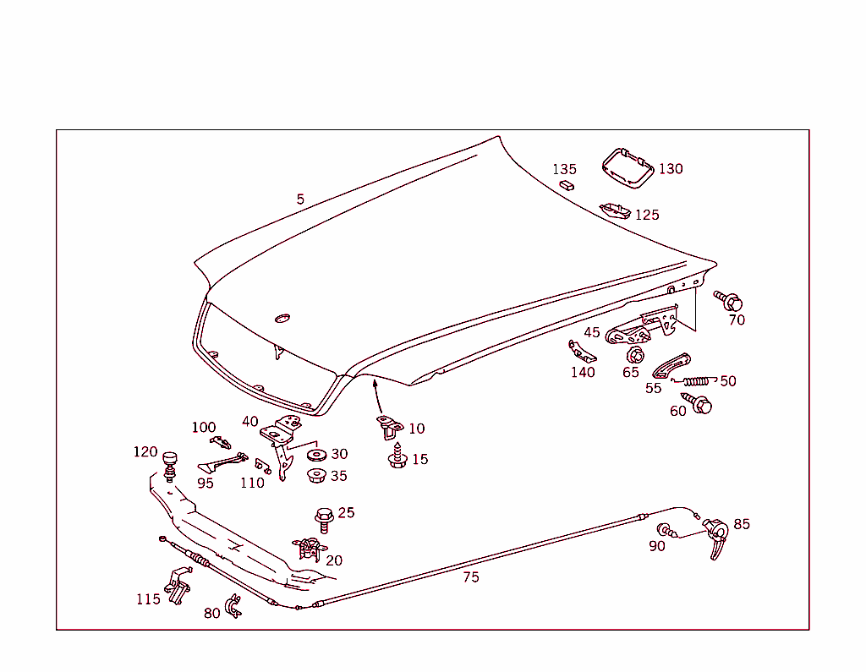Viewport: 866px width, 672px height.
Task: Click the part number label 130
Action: point(671,169)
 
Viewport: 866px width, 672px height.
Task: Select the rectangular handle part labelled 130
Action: point(627,167)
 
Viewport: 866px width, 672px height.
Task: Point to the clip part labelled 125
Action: point(614,210)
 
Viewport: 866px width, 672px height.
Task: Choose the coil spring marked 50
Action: point(695,380)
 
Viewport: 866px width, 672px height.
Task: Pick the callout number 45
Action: point(592,332)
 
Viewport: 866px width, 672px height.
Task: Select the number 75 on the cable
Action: point(471,577)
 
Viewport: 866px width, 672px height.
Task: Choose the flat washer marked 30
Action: point(317,455)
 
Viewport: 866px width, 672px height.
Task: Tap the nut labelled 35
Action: point(317,476)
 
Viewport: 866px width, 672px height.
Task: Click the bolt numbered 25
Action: point(323,517)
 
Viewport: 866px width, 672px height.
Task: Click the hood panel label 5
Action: point(300,199)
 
